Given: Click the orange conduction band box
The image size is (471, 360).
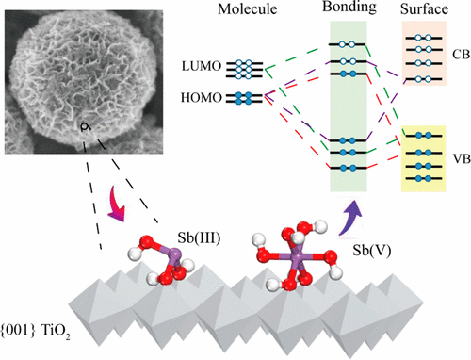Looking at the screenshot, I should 422,62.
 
